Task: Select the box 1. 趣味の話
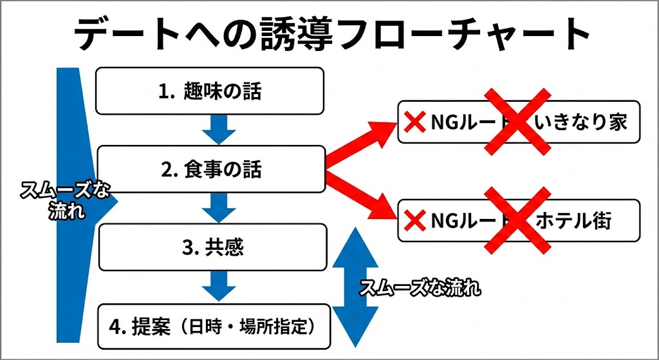point(210,91)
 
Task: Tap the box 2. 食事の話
point(210,169)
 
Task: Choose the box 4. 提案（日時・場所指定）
point(213,327)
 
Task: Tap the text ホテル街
point(573,221)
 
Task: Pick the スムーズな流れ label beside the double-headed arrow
point(420,287)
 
